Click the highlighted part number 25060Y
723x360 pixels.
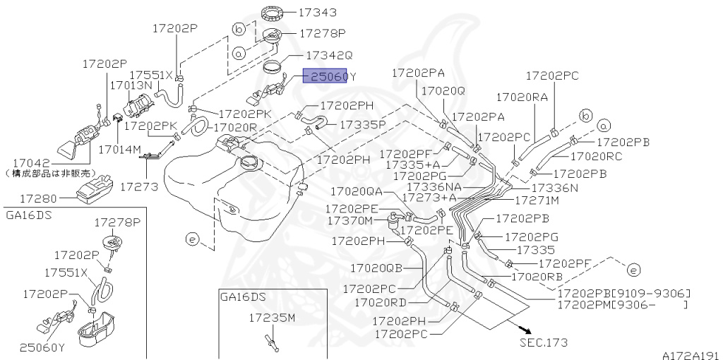[x=330, y=76]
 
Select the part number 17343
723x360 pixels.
[x=317, y=12]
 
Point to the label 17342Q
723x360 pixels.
[x=329, y=54]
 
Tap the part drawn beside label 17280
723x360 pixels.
[x=96, y=188]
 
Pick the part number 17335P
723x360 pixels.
[x=363, y=124]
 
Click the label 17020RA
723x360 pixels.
[x=522, y=97]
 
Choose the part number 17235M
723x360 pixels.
[x=271, y=318]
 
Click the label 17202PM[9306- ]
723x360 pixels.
[x=621, y=305]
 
